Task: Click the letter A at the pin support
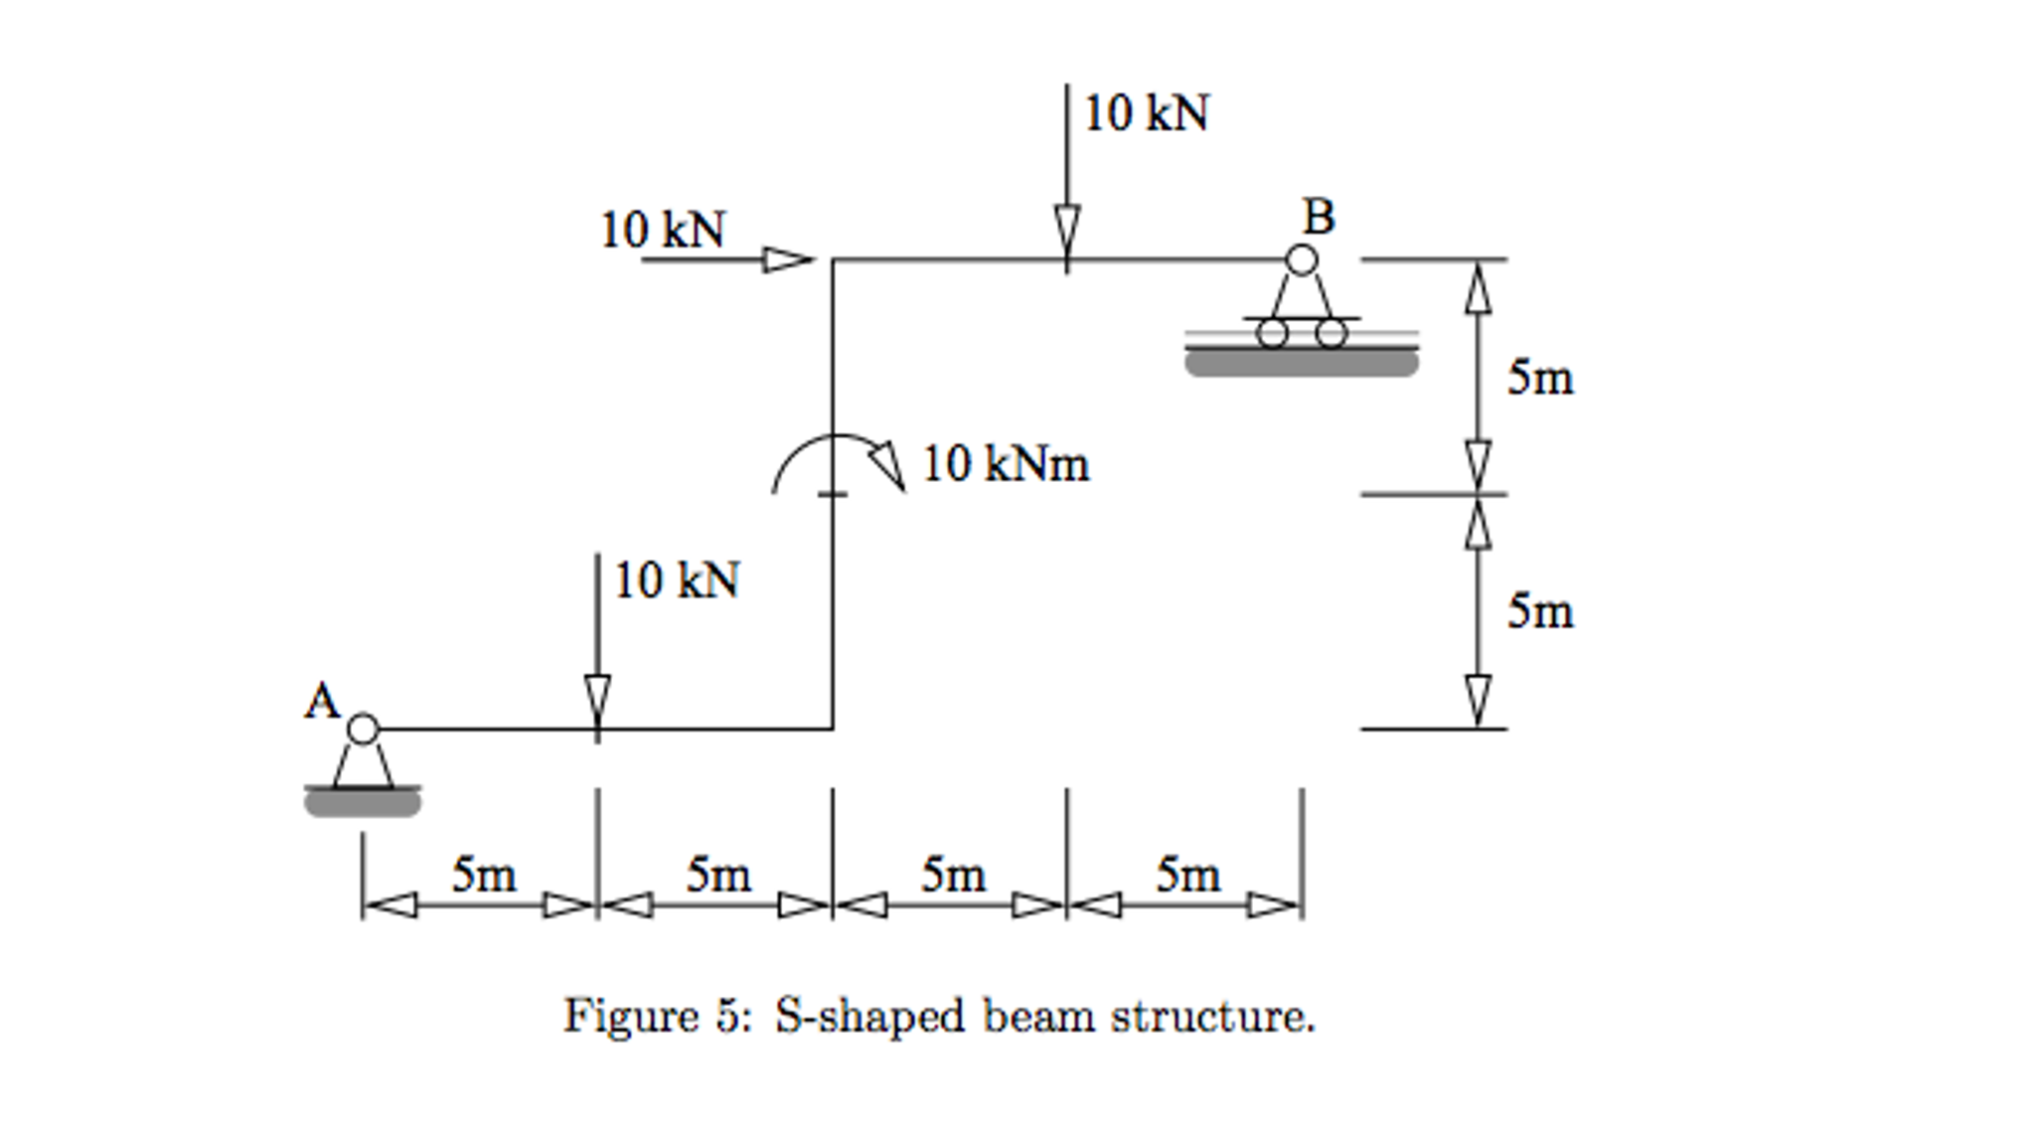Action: point(322,702)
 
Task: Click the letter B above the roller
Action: point(1319,217)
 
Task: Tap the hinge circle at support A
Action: point(364,729)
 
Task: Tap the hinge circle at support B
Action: point(1302,260)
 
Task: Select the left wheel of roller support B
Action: point(1272,333)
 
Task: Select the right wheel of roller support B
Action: point(1331,333)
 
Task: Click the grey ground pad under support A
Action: point(363,803)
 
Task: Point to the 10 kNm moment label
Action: point(1006,464)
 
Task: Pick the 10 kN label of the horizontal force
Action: point(663,231)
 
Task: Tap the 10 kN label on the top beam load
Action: point(1147,113)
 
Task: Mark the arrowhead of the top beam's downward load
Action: point(1067,231)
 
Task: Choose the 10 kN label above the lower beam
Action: point(677,581)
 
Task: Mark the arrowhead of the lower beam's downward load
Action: point(597,701)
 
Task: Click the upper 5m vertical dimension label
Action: point(1540,378)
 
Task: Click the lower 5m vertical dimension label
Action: point(1540,611)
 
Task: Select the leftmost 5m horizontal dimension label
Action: point(484,875)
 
